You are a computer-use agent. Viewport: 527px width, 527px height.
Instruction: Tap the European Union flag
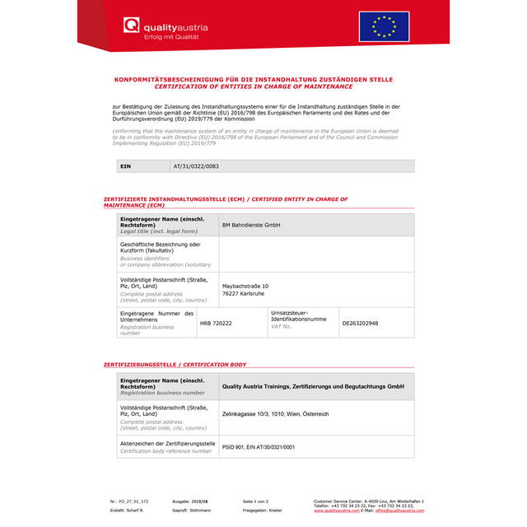click(384, 26)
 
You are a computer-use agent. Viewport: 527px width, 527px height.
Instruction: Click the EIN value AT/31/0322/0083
click(196, 166)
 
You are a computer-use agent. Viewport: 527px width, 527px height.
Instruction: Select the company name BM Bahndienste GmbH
click(251, 225)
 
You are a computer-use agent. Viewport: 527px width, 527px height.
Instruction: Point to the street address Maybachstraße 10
click(245, 286)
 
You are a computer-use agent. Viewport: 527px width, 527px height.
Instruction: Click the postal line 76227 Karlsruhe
click(245, 294)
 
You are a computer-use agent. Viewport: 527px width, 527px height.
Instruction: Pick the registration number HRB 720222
click(216, 324)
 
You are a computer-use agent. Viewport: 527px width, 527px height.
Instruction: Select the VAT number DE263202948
click(360, 324)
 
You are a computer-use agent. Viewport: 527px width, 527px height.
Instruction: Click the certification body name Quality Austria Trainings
click(313, 385)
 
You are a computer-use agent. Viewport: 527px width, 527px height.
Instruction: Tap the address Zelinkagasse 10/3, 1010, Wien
click(275, 413)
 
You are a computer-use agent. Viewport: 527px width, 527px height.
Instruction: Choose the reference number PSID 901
click(259, 446)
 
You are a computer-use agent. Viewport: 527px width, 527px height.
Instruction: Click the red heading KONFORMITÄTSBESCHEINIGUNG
click(253, 79)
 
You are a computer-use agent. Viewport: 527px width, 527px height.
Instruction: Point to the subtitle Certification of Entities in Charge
click(253, 86)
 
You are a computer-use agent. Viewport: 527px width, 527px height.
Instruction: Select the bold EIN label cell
click(125, 166)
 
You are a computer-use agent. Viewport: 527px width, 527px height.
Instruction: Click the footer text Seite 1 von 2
click(256, 501)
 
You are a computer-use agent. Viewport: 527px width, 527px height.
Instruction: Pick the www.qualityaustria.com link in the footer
click(337, 511)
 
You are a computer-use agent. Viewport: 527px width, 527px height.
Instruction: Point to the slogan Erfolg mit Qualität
click(171, 36)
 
